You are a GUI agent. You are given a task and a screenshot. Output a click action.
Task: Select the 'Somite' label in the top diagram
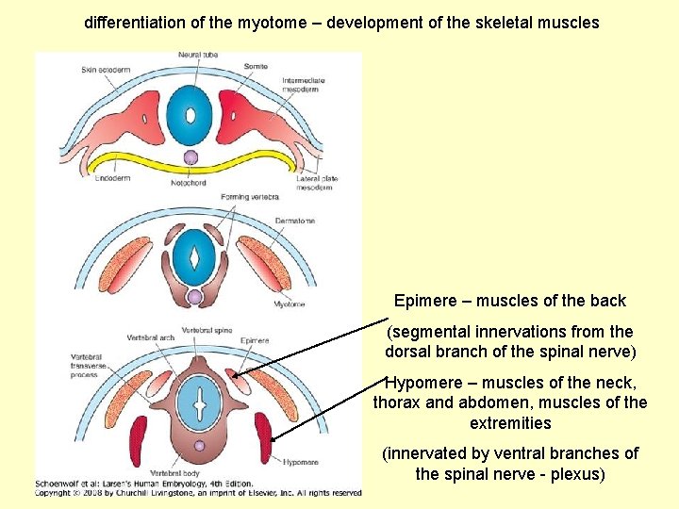(x=255, y=66)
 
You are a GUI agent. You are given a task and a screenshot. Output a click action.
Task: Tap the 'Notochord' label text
(x=189, y=183)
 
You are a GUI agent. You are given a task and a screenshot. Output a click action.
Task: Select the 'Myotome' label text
(x=290, y=304)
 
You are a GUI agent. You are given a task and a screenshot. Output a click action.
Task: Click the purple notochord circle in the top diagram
(x=190, y=157)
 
